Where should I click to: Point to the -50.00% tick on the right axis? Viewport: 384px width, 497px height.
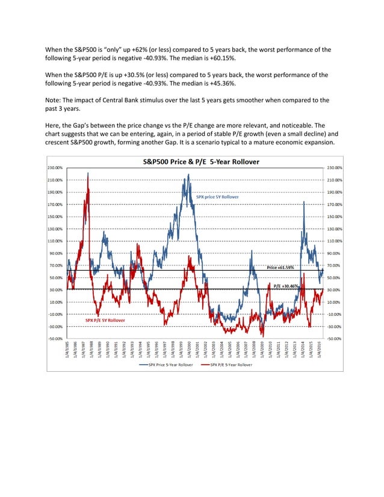335,338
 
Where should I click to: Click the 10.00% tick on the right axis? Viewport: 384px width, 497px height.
335,301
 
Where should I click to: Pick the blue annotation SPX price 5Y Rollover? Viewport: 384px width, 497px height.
217,197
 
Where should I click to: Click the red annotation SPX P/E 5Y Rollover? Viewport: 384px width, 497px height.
105,321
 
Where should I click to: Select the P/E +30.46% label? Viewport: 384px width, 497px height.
286,286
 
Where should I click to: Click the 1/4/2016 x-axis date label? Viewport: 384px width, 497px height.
319,350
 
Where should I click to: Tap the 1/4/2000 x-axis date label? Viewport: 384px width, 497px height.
190,350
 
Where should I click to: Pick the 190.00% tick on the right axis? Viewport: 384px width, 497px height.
335,192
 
